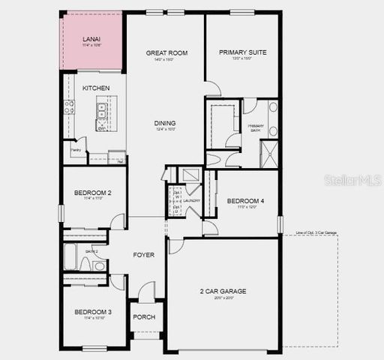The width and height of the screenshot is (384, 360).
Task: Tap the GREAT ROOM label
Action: pyautogui.click(x=166, y=52)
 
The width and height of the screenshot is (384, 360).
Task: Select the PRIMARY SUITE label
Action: pyautogui.click(x=243, y=52)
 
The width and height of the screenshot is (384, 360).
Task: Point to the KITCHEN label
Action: pyautogui.click(x=96, y=88)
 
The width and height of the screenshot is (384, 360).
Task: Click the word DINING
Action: pyautogui.click(x=165, y=123)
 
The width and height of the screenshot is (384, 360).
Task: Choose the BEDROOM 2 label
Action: pyautogui.click(x=93, y=193)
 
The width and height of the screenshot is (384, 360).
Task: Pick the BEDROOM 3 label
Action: pyautogui.click(x=93, y=311)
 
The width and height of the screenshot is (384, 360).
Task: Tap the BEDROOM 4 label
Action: pyautogui.click(x=245, y=200)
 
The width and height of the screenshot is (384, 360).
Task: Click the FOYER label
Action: pyautogui.click(x=144, y=255)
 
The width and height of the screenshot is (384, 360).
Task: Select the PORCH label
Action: pyautogui.click(x=144, y=316)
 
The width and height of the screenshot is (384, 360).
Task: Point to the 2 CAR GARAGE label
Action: pyautogui.click(x=223, y=291)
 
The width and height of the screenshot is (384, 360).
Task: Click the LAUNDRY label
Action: pyautogui.click(x=192, y=200)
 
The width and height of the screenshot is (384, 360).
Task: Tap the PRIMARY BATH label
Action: pyautogui.click(x=256, y=127)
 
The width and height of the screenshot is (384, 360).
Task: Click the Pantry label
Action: pyautogui.click(x=76, y=150)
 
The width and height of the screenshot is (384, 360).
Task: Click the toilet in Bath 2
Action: pyautogui.click(x=99, y=265)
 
